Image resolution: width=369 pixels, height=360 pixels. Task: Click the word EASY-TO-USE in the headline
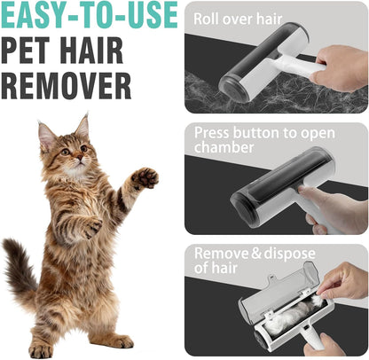tap(89, 15)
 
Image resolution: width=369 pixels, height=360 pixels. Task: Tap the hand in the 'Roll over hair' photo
tap(342, 66)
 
